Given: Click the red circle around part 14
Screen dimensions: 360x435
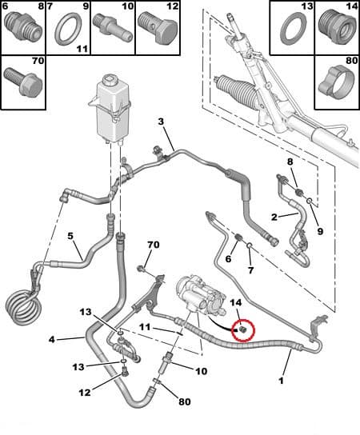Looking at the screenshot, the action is click(x=243, y=321).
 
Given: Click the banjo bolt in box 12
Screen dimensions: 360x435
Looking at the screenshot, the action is click(x=158, y=28).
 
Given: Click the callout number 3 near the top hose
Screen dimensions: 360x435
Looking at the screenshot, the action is click(x=162, y=122).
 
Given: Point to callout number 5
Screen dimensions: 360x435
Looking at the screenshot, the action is click(x=70, y=236).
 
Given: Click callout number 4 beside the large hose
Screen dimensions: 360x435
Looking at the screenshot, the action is click(x=52, y=339).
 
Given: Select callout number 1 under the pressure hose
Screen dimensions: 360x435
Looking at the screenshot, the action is click(x=281, y=381).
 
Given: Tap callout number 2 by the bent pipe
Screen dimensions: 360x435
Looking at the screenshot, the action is click(x=274, y=217).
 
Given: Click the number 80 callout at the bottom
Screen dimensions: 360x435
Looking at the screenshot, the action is click(x=185, y=401).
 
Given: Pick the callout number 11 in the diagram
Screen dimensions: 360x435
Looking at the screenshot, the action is click(x=145, y=327).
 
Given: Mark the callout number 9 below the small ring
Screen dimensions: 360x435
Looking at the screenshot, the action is click(x=320, y=231).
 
